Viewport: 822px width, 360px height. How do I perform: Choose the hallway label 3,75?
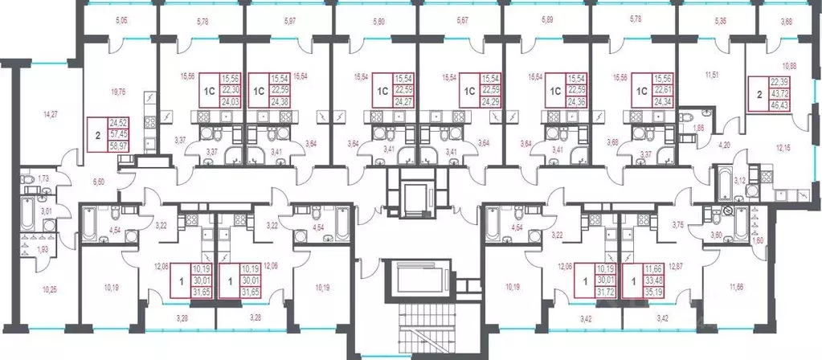click(x=678, y=225)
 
